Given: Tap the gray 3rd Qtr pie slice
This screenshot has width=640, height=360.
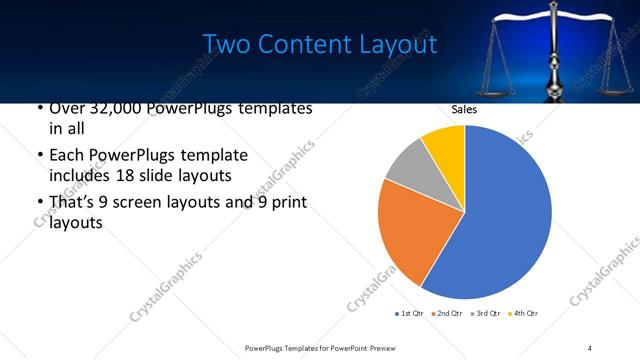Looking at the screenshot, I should [408, 165].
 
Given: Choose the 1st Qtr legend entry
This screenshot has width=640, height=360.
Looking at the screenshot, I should [411, 314].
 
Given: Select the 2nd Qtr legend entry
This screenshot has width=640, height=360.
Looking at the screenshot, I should [447, 314].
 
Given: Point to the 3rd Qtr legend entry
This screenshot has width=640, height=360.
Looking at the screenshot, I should [484, 314].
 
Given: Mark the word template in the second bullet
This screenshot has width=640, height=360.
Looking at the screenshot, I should [215, 156].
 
